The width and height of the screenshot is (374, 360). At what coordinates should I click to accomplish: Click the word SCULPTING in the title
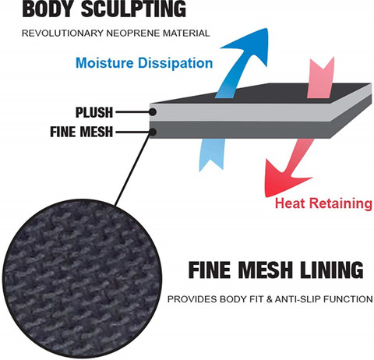tap(133, 9)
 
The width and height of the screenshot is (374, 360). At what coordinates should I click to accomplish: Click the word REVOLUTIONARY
tap(62, 34)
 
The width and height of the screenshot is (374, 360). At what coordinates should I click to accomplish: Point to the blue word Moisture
tap(104, 63)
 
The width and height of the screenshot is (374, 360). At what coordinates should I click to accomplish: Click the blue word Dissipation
tap(175, 63)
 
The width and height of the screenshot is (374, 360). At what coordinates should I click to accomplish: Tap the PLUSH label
tap(94, 112)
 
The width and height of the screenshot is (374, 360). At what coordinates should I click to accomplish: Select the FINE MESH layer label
tap(82, 132)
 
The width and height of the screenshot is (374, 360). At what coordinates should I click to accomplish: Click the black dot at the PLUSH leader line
tap(153, 112)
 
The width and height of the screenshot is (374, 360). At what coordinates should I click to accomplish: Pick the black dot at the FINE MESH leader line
tap(153, 132)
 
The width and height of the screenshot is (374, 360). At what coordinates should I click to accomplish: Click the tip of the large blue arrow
tap(266, 29)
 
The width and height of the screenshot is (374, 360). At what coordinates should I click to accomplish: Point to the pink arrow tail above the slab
tap(320, 78)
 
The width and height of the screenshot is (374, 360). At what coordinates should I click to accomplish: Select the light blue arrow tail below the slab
tap(211, 154)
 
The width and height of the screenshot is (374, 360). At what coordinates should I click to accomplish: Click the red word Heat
tap(291, 203)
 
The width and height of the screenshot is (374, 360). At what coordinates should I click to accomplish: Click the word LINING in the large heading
tap(332, 270)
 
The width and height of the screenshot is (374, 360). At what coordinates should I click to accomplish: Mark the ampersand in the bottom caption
tap(270, 299)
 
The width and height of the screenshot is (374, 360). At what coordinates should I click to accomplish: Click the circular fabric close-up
tap(82, 278)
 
